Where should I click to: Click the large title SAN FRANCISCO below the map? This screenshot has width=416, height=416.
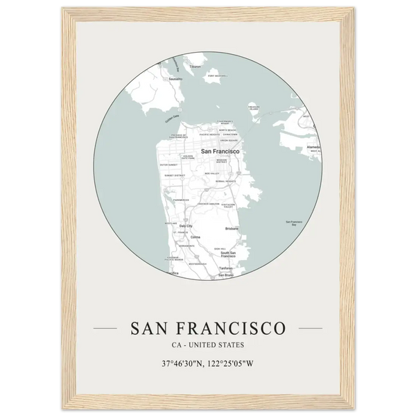[x=207, y=326]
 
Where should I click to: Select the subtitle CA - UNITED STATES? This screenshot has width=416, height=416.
[x=207, y=344]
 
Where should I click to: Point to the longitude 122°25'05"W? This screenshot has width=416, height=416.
[x=237, y=364]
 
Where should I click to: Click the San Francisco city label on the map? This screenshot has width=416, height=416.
[x=220, y=150]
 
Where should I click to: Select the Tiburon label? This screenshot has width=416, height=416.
[x=195, y=67]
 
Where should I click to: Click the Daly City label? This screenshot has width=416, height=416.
[x=185, y=226]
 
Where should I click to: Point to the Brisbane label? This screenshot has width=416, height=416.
[x=232, y=228]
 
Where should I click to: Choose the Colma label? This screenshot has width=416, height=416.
[x=195, y=236]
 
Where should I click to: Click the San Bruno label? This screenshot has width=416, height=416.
[x=226, y=275]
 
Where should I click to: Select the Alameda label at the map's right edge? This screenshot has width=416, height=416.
[x=313, y=148]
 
